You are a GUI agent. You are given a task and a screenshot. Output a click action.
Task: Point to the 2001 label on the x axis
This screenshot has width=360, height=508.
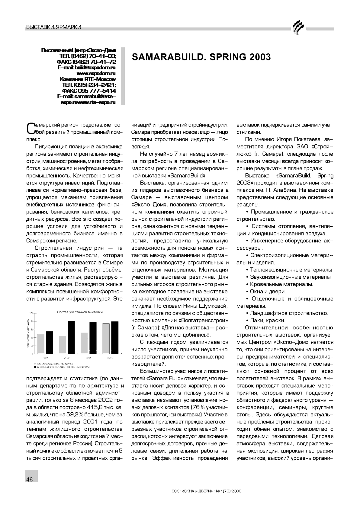88,358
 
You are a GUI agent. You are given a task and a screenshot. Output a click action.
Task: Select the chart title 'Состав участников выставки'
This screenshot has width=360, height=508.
80,312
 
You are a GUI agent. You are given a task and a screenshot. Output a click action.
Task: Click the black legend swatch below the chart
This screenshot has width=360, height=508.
36,367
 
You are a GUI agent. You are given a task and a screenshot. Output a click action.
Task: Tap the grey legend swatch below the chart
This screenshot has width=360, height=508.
36,364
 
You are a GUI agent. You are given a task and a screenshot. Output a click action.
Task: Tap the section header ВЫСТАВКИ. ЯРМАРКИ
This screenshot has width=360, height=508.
54,27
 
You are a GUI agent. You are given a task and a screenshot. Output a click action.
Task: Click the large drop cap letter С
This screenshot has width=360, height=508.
31,128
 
